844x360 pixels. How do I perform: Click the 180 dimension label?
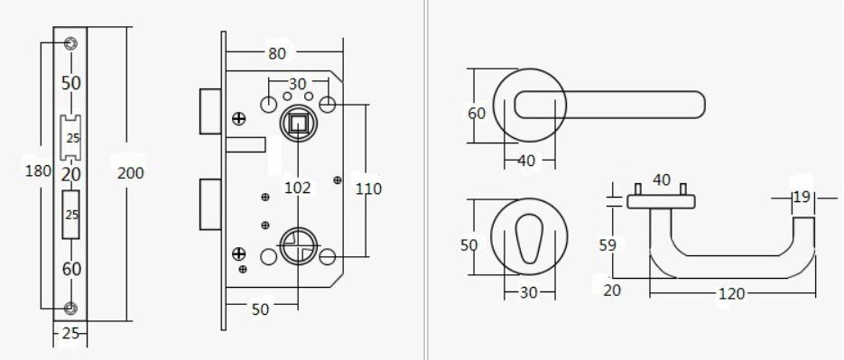[x=38, y=171]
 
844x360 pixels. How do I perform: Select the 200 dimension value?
[x=130, y=172]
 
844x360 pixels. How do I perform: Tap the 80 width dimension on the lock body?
[x=276, y=53]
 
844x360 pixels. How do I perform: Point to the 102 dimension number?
[x=298, y=188]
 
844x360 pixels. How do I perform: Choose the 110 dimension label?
[x=368, y=189]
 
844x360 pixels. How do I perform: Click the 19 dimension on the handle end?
[x=802, y=197]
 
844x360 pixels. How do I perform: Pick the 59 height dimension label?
[x=607, y=245]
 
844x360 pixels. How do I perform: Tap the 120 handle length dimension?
[x=731, y=294]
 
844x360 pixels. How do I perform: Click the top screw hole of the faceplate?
[x=70, y=43]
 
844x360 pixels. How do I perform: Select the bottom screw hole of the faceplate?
[x=70, y=308]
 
